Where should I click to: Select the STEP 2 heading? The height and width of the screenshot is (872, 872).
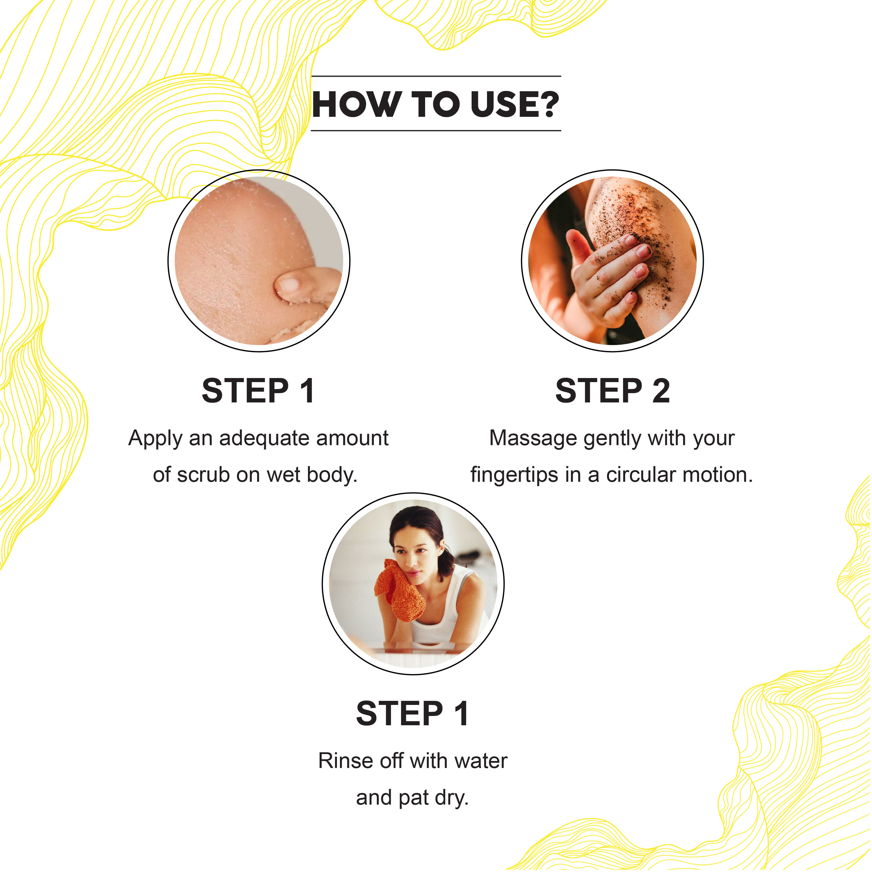613,391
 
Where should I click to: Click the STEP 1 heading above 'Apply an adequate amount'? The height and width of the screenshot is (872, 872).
258,391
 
